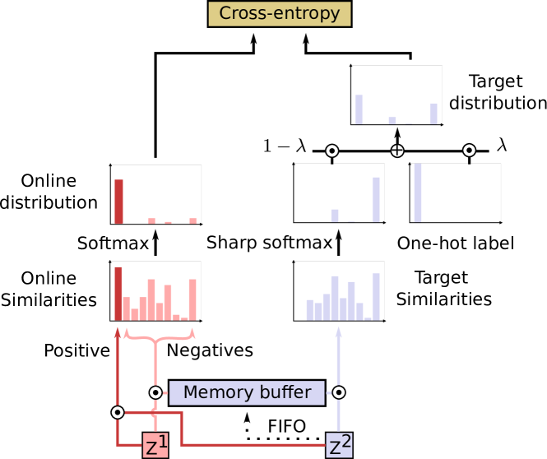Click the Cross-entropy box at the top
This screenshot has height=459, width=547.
pos(280,14)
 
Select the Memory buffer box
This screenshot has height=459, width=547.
pos(247,392)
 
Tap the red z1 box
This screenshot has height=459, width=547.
pos(155,445)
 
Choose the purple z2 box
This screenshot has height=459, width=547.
pos(340,445)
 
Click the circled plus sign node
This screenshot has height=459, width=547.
pos(397,151)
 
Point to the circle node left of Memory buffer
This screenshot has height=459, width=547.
pos(155,392)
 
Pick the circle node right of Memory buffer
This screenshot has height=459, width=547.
pos(338,392)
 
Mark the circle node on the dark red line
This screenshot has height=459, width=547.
pos(118,411)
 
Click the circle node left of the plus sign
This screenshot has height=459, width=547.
pos(332,151)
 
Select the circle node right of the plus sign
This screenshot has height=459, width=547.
pos(469,151)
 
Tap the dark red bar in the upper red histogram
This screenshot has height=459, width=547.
pos(118,201)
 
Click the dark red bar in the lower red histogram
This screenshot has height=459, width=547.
pos(118,293)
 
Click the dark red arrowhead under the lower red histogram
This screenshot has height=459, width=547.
pos(118,331)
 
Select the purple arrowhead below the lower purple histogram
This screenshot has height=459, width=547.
pos(338,331)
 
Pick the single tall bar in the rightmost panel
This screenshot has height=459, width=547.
pos(417,192)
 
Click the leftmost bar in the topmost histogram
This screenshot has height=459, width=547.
pos(359,109)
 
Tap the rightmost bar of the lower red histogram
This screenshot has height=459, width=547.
pos(192,299)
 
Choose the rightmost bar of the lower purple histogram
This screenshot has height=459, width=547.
pos(376,296)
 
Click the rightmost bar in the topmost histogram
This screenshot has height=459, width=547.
pos(433,114)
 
